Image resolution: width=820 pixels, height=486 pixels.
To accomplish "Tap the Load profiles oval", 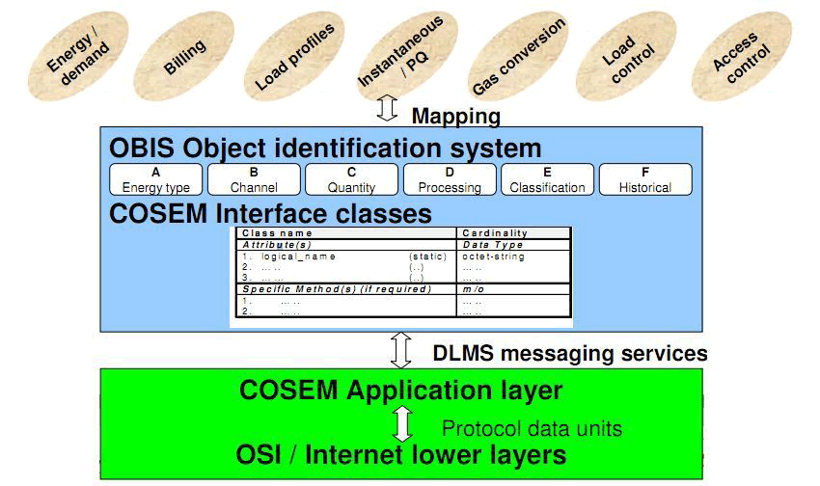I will click(293, 57).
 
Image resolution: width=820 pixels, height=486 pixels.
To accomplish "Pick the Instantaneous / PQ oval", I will click(402, 53).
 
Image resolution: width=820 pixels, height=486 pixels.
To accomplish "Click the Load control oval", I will click(628, 57).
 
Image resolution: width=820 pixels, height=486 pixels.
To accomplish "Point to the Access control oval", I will click(735, 57).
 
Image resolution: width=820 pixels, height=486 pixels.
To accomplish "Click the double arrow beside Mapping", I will click(388, 108).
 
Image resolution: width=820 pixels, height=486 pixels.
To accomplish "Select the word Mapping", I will click(455, 117).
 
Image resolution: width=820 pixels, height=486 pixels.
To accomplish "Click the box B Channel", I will click(254, 180).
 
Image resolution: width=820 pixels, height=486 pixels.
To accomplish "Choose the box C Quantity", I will click(351, 180).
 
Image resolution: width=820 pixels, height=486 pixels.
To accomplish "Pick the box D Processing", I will click(449, 180).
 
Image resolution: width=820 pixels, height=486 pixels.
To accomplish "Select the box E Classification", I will click(547, 180).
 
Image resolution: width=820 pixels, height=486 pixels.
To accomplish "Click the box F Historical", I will click(645, 180).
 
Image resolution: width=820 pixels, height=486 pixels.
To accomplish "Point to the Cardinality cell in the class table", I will click(495, 233).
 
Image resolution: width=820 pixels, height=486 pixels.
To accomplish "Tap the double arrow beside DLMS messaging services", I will click(401, 349).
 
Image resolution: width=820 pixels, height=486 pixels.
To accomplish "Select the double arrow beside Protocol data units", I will click(402, 423).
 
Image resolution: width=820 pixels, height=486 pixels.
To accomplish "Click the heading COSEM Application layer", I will click(400, 391).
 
